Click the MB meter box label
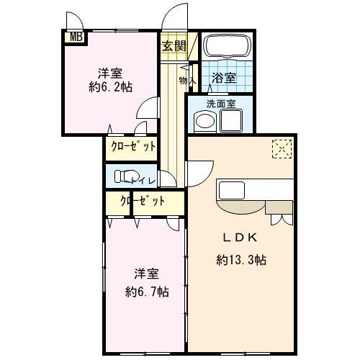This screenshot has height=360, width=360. tap(76, 37)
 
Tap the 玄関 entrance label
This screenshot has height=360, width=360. tap(174, 46)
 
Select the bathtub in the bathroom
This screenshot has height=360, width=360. tap(227, 46)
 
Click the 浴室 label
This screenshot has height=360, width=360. tap(224, 78)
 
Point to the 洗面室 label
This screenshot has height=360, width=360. tap(221, 104)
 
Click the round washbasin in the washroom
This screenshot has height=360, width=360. tap(205, 120)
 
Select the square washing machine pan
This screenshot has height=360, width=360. tap(231, 120)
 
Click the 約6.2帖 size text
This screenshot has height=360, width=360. tap(111, 87)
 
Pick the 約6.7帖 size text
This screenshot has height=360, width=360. tap(147, 292)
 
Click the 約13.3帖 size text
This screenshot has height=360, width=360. tap(241, 260)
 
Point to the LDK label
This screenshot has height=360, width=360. tap(240, 238)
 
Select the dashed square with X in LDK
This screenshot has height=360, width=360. tap(282, 149)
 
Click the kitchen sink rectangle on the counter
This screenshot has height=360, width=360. tap(232, 190)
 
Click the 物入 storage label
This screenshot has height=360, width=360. tap(188, 81)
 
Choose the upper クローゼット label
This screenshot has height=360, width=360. tap(133, 146)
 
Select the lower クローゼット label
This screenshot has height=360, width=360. tap(143, 201)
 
